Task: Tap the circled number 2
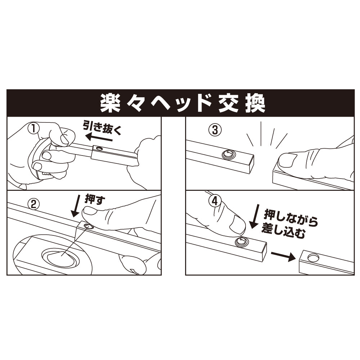(33, 204)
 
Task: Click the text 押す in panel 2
(95, 200)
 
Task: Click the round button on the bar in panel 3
(228, 155)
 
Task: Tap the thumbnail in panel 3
(287, 161)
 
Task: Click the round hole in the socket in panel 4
(312, 257)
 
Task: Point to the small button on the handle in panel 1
(99, 148)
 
